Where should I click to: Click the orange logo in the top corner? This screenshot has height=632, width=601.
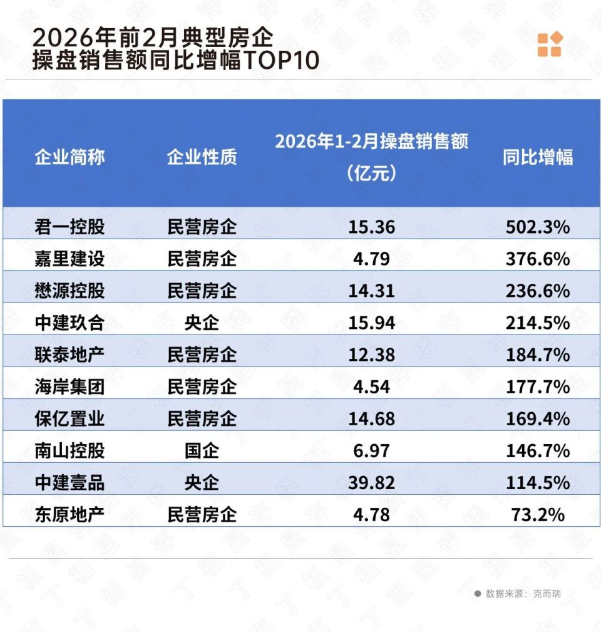[550, 44]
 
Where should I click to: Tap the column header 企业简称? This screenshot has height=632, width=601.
[69, 157]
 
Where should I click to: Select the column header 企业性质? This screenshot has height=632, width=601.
[202, 157]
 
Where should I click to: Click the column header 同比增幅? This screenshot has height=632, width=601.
[537, 157]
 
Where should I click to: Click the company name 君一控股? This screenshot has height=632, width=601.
[69, 227]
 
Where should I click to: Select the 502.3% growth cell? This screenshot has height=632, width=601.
[537, 227]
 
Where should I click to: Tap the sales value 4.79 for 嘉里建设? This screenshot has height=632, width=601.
[371, 259]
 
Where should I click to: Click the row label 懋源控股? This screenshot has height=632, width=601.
[69, 291]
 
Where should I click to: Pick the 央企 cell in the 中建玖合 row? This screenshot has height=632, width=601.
[202, 323]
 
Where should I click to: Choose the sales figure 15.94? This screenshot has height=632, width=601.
[371, 323]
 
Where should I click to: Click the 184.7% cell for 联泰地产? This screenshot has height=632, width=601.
[537, 355]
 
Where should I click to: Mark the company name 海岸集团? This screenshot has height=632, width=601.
[69, 386]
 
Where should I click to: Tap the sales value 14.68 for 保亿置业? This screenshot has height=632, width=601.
[371, 418]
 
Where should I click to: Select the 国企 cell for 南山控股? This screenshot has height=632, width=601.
[202, 450]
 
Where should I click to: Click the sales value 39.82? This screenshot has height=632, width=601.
[371, 482]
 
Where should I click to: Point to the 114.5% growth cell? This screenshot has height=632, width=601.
[537, 482]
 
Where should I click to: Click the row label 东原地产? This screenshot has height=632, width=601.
[69, 514]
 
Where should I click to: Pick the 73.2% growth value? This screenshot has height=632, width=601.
[537, 514]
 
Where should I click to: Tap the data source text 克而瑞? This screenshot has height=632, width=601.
[547, 593]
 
